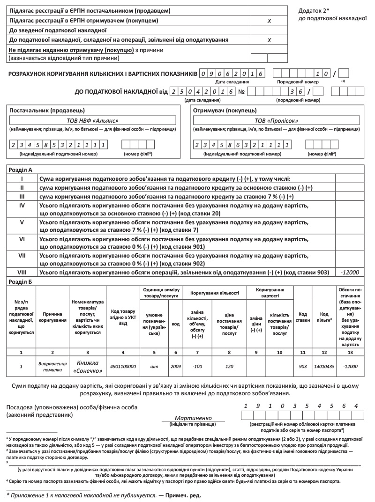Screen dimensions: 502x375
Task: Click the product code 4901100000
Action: [x=123, y=366]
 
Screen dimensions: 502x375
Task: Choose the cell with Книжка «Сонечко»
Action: [x=88, y=366]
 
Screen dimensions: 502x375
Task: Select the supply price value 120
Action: [x=229, y=366]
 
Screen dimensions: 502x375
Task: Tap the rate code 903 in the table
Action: [x=302, y=366]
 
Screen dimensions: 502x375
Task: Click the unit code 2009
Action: [x=176, y=366]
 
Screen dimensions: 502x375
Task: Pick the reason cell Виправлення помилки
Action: [x=52, y=366]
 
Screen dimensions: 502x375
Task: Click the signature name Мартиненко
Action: [x=193, y=417]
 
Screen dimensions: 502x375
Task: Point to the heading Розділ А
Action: [x=21, y=170]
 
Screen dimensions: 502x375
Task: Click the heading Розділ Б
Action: [x=21, y=281]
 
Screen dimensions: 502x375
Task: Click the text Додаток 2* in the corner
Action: [x=314, y=10]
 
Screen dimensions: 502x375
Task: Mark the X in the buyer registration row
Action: [x=269, y=21]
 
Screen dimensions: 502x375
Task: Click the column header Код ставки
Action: [x=302, y=317]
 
